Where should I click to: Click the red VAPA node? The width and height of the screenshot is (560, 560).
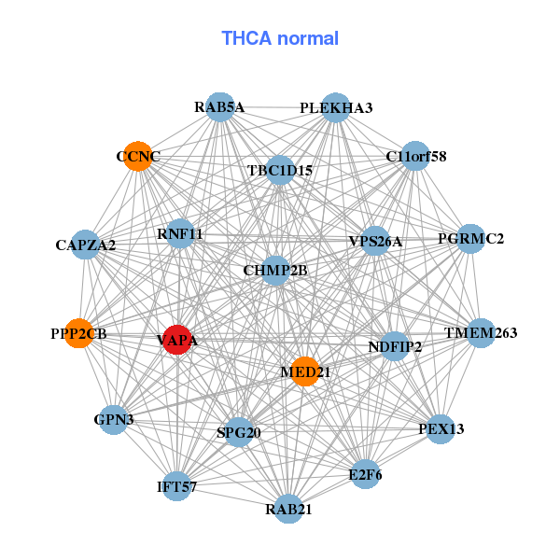pos(177,340)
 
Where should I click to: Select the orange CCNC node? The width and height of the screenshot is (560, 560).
pos(138,156)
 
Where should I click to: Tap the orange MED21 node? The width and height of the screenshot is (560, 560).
pos(305,371)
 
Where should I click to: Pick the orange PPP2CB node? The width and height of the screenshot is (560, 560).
pos(79,333)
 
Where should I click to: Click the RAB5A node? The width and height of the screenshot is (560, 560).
pos(220,106)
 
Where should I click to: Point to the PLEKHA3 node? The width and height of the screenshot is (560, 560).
pos(336,107)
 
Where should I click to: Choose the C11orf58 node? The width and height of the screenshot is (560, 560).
pos(415,156)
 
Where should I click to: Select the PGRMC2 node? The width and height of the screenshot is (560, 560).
pos(470,239)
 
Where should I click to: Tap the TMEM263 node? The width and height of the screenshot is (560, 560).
pos(482,333)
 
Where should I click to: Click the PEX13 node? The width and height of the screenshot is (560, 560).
pos(441,429)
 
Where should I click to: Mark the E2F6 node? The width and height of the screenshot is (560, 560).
pos(365,474)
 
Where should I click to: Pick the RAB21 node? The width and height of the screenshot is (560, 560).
pos(288,509)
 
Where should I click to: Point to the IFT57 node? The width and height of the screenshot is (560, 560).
pos(177,486)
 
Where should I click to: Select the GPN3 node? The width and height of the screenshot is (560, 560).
pos(114,420)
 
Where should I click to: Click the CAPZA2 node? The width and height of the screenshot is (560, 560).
pos(85,245)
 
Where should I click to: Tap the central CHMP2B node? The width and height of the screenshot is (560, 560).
pos(275,271)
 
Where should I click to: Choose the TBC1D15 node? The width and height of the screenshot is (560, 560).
pos(280,171)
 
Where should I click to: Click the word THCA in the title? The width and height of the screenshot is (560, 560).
pos(246,38)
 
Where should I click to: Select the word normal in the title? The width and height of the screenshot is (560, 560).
pos(308,38)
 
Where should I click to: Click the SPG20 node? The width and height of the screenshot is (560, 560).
pos(239,432)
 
